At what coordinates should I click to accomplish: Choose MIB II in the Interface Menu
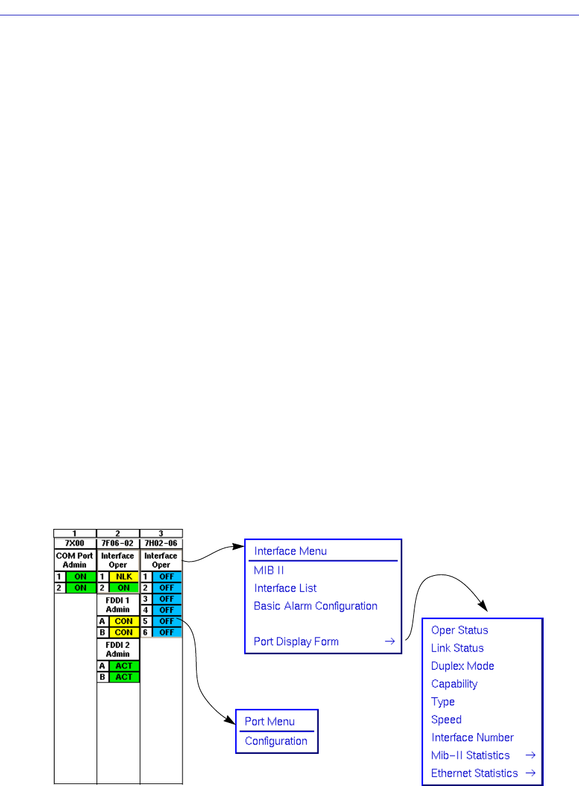coord(269,570)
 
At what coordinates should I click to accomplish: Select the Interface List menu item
coord(285,588)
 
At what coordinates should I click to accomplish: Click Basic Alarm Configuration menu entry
coord(316,606)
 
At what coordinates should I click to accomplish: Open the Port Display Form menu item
coord(296,641)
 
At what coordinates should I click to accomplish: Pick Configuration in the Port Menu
coord(276,741)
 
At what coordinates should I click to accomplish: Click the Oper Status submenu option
coord(459,630)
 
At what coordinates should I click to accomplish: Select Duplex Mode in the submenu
coord(463,666)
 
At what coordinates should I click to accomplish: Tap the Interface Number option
coord(472,738)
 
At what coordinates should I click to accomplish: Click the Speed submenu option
coord(447,720)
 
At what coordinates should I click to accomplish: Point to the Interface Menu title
coord(290,551)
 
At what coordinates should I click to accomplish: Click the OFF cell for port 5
coord(166,621)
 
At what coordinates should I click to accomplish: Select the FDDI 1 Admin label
coord(118,605)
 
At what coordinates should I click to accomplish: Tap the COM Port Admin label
coord(75,560)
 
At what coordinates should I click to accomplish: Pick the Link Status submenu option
coord(458,648)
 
